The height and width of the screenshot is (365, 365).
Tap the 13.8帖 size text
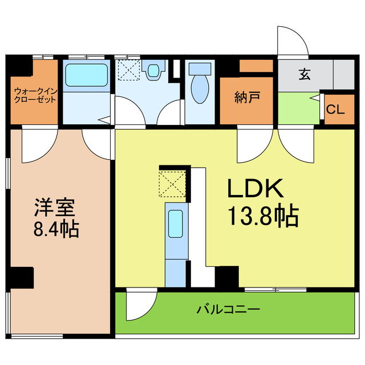(x=263, y=216)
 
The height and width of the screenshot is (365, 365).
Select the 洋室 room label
(x=55, y=206)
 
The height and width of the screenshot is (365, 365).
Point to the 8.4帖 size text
(x=55, y=229)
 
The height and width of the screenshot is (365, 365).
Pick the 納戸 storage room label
(x=247, y=98)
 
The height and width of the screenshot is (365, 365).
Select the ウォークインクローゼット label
(x=35, y=95)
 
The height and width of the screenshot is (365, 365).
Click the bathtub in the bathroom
(x=86, y=75)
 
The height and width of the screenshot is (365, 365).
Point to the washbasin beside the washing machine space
(x=153, y=71)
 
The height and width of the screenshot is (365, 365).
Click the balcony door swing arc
(x=140, y=305)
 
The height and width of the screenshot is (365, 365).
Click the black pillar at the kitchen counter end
(x=227, y=277)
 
